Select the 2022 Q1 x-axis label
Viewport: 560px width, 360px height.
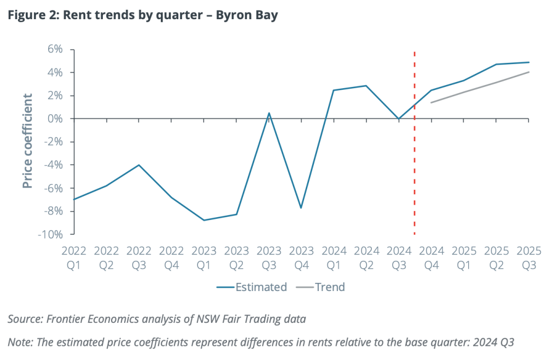click(74, 258)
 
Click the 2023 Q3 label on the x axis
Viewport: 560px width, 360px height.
click(269, 258)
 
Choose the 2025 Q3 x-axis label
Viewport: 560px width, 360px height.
click(529, 258)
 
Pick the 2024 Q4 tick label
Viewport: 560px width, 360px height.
click(431, 258)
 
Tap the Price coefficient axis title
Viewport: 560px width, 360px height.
click(28, 141)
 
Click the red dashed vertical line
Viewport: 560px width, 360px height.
click(415, 164)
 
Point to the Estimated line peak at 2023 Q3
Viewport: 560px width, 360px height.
click(269, 113)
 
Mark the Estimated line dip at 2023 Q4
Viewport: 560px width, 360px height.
click(301, 208)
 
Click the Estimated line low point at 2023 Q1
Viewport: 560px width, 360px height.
click(204, 220)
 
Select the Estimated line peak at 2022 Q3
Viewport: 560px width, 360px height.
click(139, 165)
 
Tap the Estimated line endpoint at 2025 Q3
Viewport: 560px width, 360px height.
click(529, 62)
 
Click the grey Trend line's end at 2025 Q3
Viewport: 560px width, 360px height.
click(529, 72)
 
